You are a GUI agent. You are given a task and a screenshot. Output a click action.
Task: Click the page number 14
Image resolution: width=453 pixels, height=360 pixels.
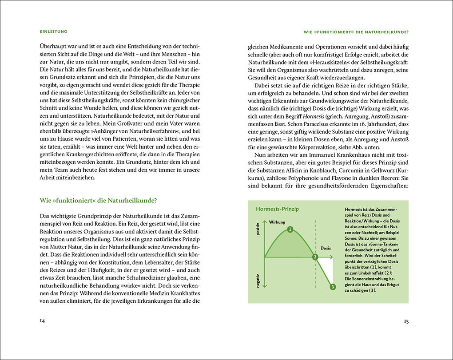[42, 321]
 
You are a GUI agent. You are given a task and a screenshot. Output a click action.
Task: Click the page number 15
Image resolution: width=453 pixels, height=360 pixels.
[406, 321]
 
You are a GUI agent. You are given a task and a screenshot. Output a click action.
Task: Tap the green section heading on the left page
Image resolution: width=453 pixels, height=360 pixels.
[98, 200]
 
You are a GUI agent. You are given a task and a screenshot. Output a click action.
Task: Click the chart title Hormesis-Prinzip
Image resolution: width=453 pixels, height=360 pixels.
[277, 209]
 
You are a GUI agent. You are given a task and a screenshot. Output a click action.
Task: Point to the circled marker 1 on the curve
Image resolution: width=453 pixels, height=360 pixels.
[290, 229]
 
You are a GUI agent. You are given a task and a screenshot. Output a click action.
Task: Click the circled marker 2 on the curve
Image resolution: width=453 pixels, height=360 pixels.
[315, 257]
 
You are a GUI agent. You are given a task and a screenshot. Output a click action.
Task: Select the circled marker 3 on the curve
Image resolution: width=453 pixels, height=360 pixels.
[333, 287]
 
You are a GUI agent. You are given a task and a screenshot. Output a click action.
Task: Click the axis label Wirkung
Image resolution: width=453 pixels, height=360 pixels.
[277, 222]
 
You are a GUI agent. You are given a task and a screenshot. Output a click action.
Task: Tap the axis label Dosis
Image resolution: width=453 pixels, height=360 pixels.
[326, 248]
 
